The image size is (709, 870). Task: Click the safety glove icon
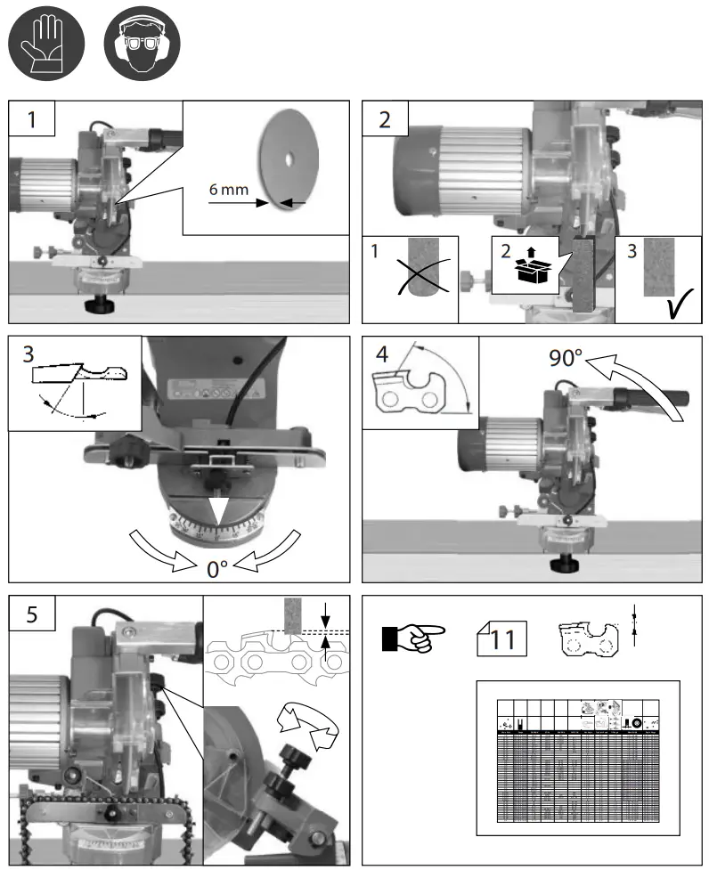point(45,46)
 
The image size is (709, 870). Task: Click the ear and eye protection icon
point(142,46)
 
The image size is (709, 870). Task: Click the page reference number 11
point(503,638)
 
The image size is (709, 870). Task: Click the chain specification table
point(578,758)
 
